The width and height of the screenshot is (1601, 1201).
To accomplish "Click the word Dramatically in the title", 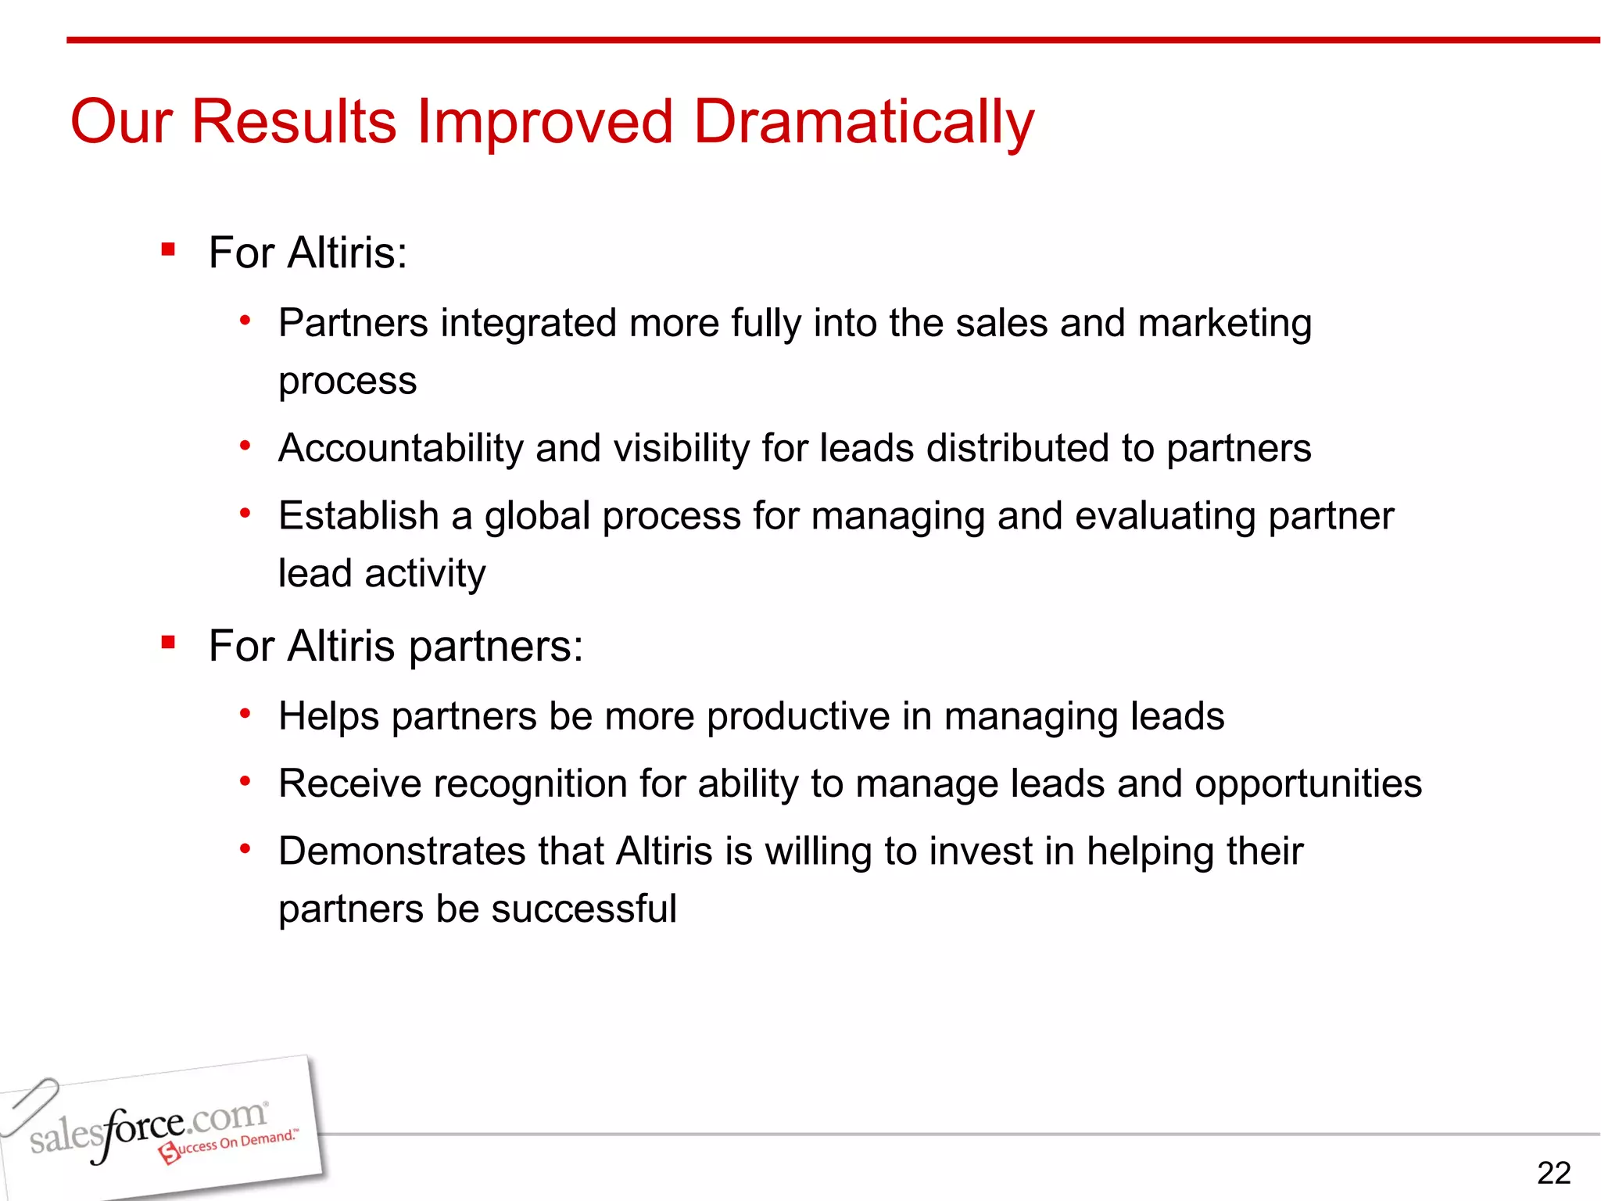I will point(863,122).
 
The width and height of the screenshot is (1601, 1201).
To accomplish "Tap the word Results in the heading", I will point(294,122).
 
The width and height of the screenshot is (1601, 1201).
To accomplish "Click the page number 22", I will point(1553,1173).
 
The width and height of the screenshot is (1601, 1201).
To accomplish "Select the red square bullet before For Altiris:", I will point(167,250).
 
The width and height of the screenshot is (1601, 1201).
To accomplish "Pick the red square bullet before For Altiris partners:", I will point(167,643).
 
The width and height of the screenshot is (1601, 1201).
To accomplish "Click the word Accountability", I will point(400,449).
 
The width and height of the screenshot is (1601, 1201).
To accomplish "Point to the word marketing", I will point(1224,324).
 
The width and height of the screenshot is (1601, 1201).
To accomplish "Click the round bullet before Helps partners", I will point(245,714).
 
